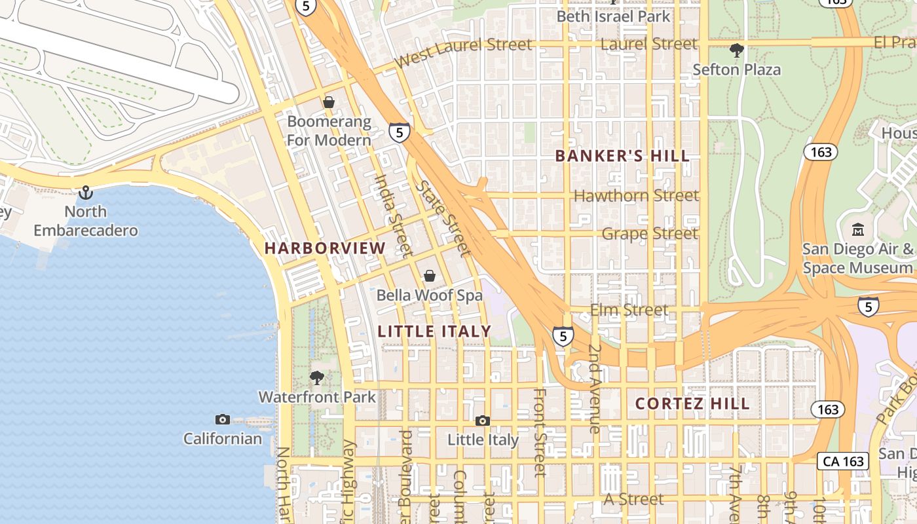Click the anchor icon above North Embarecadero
[86, 193]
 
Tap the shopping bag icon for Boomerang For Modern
[329, 103]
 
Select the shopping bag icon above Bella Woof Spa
[430, 276]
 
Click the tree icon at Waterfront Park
[317, 378]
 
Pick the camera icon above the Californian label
[223, 419]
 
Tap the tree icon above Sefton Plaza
[737, 50]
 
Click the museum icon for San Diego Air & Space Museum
[858, 230]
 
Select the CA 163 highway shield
[844, 461]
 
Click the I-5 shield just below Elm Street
[563, 337]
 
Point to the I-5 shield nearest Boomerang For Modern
[400, 132]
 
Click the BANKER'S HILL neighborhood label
[622, 156]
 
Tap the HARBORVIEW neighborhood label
[326, 248]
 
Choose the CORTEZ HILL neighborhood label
[692, 404]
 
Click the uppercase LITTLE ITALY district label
[435, 331]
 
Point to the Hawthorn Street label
[636, 195]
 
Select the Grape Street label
[650, 233]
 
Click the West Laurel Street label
[464, 52]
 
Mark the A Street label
[633, 499]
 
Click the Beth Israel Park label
[614, 16]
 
